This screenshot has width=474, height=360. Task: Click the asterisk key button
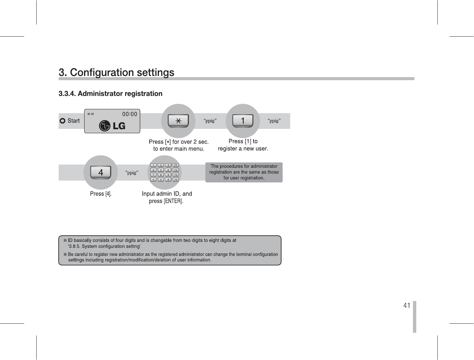pos(178,121)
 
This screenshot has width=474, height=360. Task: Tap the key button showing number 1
pos(243,121)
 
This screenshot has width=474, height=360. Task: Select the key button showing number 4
pos(100,172)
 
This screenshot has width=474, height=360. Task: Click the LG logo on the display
pos(112,126)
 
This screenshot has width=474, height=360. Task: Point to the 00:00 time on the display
pos(129,114)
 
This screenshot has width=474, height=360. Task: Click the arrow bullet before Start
pos(62,121)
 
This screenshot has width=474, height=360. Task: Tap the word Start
pos(73,121)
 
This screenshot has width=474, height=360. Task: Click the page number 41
pos(407,306)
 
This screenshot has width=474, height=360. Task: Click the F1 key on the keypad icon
pos(176,165)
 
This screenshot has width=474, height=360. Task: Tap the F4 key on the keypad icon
pos(176,180)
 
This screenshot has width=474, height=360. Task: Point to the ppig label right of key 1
pos(274,121)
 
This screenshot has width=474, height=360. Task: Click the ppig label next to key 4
pos(132,173)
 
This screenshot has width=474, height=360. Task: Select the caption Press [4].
pos(101,194)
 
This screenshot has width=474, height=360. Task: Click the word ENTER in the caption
pos(173,201)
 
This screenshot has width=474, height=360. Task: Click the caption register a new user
pos(243,149)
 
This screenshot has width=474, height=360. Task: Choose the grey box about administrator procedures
pos(244,172)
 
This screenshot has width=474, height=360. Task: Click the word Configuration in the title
pos(102,73)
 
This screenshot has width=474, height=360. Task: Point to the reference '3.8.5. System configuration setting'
pos(104,246)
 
